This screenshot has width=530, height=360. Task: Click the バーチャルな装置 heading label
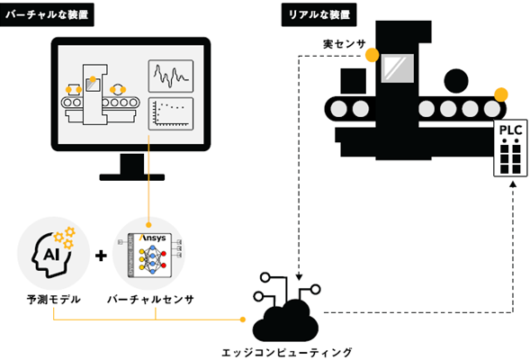(x=47, y=14)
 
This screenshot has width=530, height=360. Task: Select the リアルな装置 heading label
(x=319, y=14)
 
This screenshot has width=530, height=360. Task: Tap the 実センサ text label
(x=344, y=44)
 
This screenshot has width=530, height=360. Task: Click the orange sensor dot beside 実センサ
(x=373, y=55)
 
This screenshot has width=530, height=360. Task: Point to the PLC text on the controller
(x=511, y=130)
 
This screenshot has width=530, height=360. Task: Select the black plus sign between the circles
(x=101, y=256)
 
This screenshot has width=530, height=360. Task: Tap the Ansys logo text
(x=153, y=238)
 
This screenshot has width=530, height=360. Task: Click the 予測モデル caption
(x=53, y=299)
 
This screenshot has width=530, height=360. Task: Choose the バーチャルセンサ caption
(x=150, y=299)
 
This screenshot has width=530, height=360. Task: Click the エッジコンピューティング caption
(x=287, y=353)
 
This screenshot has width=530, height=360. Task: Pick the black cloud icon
(x=285, y=321)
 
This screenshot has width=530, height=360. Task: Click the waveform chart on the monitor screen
(x=171, y=76)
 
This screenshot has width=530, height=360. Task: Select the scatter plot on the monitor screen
(x=171, y=114)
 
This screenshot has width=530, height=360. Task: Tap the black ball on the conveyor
(x=456, y=81)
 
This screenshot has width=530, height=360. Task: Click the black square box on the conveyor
(x=354, y=81)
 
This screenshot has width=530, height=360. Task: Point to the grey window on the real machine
(x=398, y=68)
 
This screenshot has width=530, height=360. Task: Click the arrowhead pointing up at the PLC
(x=513, y=184)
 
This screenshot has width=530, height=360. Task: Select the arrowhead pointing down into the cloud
(x=299, y=277)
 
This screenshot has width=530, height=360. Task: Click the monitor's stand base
(x=132, y=177)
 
